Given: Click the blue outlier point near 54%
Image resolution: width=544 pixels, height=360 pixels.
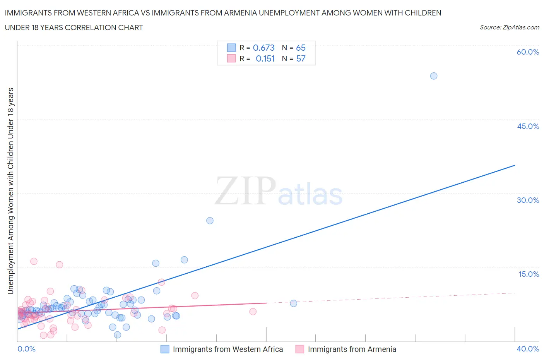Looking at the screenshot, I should click(x=434, y=76).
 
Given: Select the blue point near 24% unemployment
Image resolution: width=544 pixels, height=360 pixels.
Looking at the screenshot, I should click(x=210, y=221).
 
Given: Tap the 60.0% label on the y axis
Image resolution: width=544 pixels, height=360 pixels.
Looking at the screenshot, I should click(x=528, y=52).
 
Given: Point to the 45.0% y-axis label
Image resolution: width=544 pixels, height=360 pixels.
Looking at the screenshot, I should click(x=528, y=126).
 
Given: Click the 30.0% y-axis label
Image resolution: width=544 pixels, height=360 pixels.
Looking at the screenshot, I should click(x=528, y=200).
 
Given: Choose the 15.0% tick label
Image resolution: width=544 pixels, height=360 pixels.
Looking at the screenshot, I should click(x=529, y=274).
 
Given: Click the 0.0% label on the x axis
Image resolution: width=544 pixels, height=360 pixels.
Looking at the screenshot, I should click(x=26, y=349).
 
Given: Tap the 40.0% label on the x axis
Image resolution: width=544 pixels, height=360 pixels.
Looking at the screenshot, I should click(x=528, y=349).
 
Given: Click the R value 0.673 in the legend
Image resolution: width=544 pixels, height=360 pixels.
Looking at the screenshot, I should click(x=263, y=48).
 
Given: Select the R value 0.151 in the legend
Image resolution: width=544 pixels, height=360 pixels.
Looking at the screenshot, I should click(x=265, y=58).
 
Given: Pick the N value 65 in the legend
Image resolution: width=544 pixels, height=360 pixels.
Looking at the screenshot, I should click(x=301, y=48).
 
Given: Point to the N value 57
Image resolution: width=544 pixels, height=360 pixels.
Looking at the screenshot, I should click(x=301, y=58).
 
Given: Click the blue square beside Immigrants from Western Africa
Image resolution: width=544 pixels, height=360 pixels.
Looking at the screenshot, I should click(x=165, y=349).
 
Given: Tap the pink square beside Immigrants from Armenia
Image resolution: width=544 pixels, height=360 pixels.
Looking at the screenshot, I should click(x=300, y=349).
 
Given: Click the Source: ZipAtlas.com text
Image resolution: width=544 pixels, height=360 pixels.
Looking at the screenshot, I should click(x=509, y=27).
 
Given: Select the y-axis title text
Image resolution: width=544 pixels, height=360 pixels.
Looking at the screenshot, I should click(x=10, y=191).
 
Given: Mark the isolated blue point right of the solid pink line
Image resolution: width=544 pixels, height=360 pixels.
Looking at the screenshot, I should click(x=293, y=303).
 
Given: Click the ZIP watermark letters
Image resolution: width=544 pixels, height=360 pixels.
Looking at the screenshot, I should click(x=245, y=190).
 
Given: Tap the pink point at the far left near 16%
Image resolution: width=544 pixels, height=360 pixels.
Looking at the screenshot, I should click(x=34, y=261).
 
